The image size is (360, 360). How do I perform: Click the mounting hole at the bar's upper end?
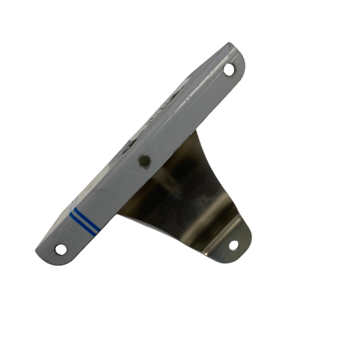click(228, 69)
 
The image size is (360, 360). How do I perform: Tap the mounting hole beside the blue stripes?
click(61, 249)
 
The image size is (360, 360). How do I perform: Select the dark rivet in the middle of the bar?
click(145, 161)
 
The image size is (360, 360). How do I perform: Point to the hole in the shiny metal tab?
click(233, 245)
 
